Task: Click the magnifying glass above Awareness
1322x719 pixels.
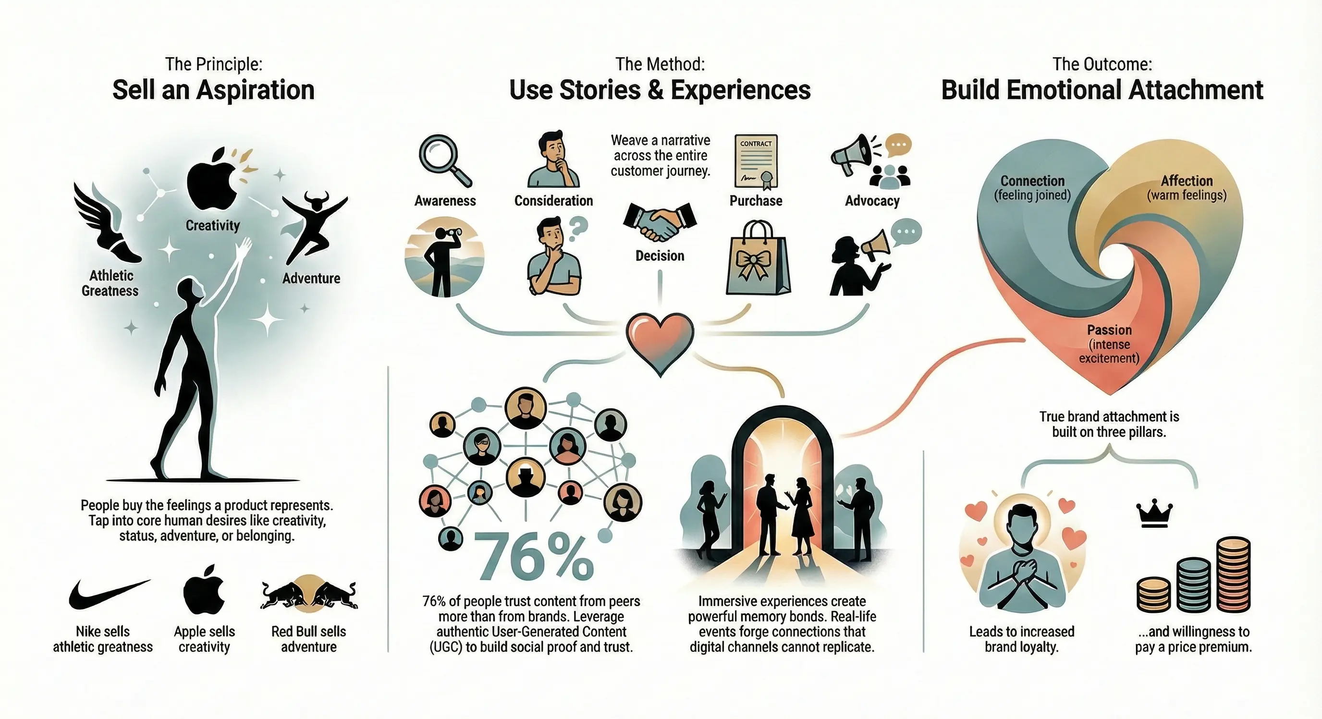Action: pyautogui.click(x=444, y=159)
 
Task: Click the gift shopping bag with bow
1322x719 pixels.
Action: pyautogui.click(x=758, y=259)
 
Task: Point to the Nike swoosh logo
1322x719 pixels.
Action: pyautogui.click(x=109, y=594)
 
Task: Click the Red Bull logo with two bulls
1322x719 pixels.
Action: pyautogui.click(x=309, y=595)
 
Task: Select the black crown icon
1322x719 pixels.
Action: pyautogui.click(x=1154, y=515)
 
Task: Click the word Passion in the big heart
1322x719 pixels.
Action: pyautogui.click(x=1109, y=330)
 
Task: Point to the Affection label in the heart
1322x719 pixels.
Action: pyautogui.click(x=1187, y=181)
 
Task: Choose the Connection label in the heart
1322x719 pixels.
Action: pyautogui.click(x=1032, y=181)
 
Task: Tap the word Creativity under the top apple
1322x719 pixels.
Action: pyautogui.click(x=212, y=225)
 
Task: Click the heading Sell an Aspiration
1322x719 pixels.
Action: pyautogui.click(x=213, y=90)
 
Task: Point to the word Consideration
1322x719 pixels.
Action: pyautogui.click(x=553, y=201)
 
